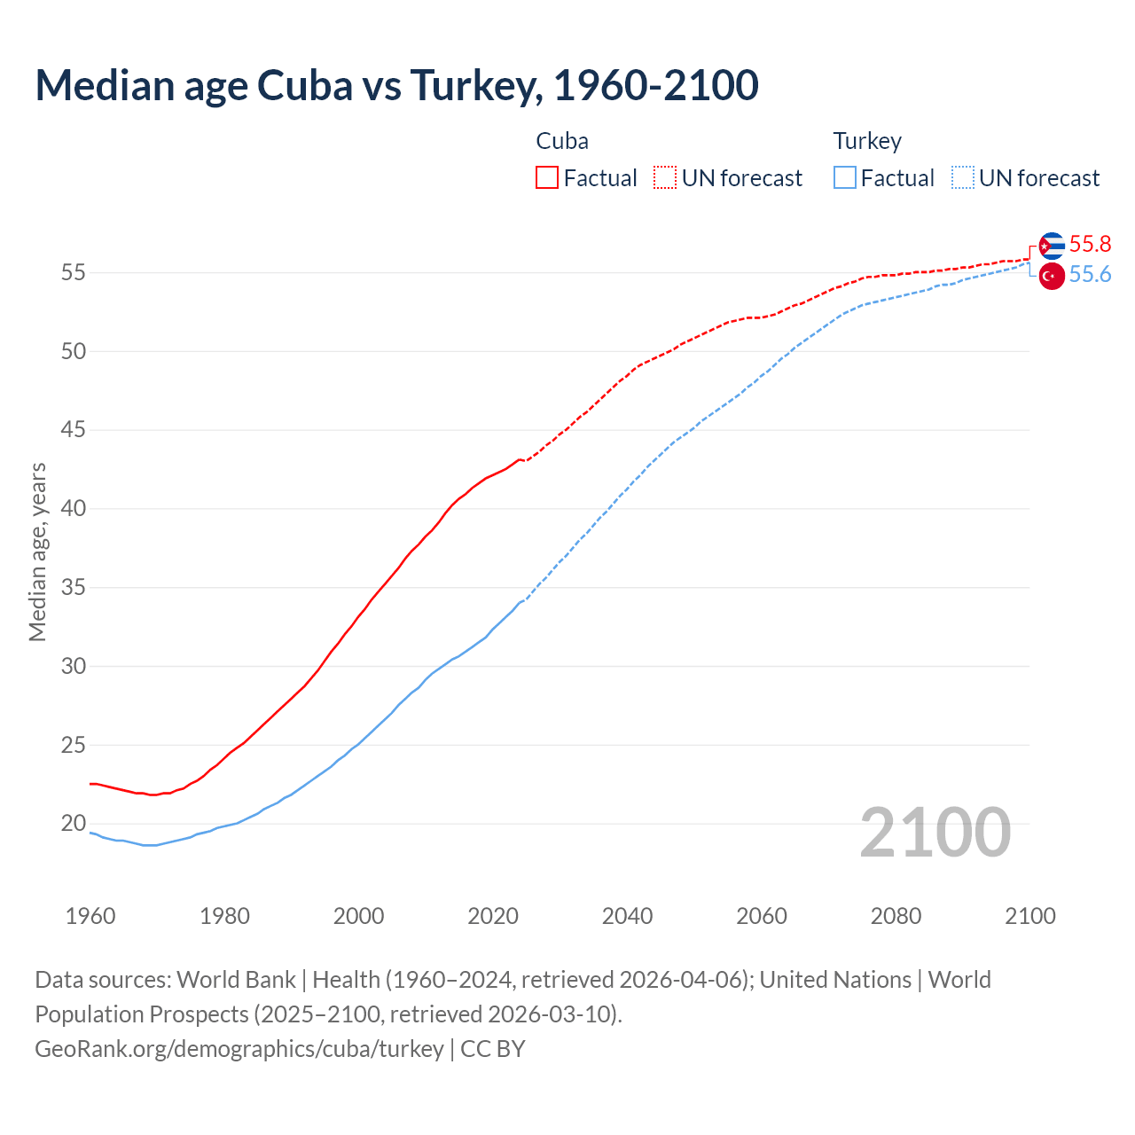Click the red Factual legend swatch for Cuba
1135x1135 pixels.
[x=547, y=178]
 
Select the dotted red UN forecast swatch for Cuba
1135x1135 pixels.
[x=665, y=178]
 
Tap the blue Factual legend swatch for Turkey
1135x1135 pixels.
[x=845, y=178]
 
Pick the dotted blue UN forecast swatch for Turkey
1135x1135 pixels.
[x=963, y=178]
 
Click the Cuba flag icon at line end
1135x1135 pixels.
[x=1052, y=246]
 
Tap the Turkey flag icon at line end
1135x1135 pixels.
[x=1052, y=276]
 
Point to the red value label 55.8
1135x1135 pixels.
[x=1090, y=245]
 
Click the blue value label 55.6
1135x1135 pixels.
[x=1090, y=275]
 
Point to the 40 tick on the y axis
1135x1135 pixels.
[x=74, y=509]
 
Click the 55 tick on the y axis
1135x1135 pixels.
[x=74, y=273]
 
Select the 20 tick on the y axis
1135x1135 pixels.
[x=74, y=824]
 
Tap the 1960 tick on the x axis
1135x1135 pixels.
[x=90, y=916]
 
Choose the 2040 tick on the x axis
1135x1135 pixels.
[x=628, y=916]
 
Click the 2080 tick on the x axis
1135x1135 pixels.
[x=896, y=916]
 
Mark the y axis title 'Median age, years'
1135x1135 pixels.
[x=37, y=552]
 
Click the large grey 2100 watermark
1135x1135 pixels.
[x=935, y=832]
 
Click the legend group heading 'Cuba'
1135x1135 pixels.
[x=562, y=141]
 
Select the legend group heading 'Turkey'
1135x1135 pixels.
[x=867, y=141]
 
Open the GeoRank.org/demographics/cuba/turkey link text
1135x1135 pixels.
[x=239, y=1049]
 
